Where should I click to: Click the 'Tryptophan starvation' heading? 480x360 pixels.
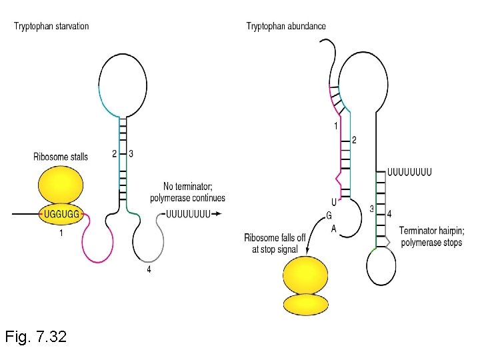[x=51, y=26]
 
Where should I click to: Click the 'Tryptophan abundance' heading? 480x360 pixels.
[x=286, y=26]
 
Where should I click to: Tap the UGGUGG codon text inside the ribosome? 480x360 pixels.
[x=61, y=214]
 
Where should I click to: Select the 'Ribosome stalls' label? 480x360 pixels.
[x=60, y=157]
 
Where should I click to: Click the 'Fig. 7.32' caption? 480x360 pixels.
[x=35, y=337]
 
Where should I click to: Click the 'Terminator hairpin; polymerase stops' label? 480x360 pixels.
[x=431, y=237]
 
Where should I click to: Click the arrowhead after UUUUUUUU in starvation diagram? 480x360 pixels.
[x=218, y=214]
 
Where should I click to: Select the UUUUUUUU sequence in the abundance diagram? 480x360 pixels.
[x=409, y=171]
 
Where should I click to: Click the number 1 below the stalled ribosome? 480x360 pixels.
[x=61, y=233]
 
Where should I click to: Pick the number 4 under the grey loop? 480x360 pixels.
[x=149, y=270]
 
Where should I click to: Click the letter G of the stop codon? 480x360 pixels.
[x=329, y=215]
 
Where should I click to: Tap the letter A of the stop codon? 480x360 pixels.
[x=333, y=228]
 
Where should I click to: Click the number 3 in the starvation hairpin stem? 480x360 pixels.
[x=131, y=154]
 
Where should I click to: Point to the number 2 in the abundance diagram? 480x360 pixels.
[x=354, y=140]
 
